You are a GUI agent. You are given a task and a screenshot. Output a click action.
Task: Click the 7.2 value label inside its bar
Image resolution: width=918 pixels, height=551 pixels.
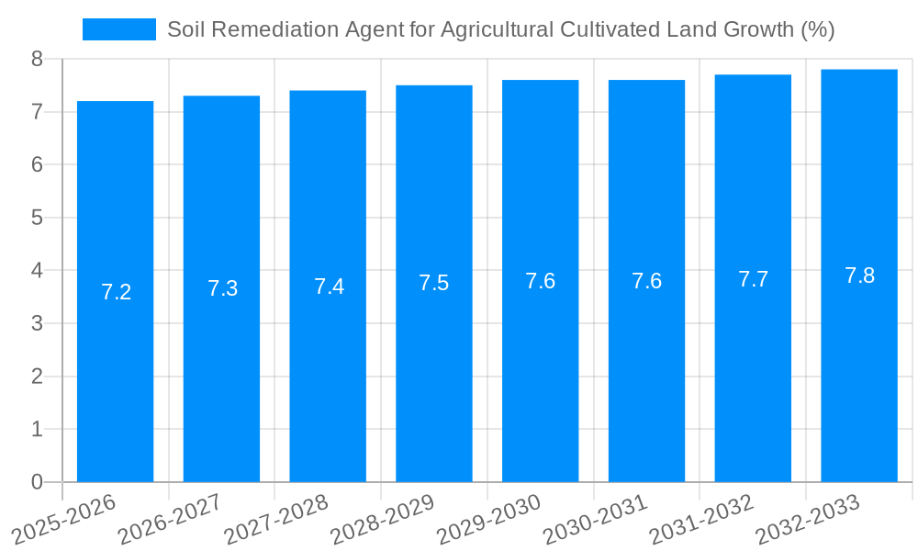(x=117, y=292)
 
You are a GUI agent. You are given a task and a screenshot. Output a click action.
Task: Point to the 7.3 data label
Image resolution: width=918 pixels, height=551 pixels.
(x=222, y=288)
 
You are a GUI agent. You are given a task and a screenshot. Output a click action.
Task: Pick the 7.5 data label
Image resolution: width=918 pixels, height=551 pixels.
(x=433, y=283)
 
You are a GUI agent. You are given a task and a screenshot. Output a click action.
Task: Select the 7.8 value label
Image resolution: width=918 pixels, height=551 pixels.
(x=859, y=275)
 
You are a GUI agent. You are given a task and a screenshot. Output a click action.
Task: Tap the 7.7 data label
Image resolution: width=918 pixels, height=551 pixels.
(x=753, y=279)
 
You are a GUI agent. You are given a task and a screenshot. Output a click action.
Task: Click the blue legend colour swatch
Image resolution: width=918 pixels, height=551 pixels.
(x=119, y=29)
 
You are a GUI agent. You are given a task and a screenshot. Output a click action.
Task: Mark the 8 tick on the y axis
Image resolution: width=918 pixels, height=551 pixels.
(x=37, y=59)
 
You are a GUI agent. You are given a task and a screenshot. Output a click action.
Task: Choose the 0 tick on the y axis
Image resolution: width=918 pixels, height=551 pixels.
(x=37, y=482)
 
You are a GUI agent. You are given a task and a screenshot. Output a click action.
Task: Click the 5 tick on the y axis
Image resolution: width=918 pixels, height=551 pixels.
(x=37, y=218)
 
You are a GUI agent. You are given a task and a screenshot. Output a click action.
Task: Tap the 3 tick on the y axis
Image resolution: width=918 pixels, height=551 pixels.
(x=37, y=323)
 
